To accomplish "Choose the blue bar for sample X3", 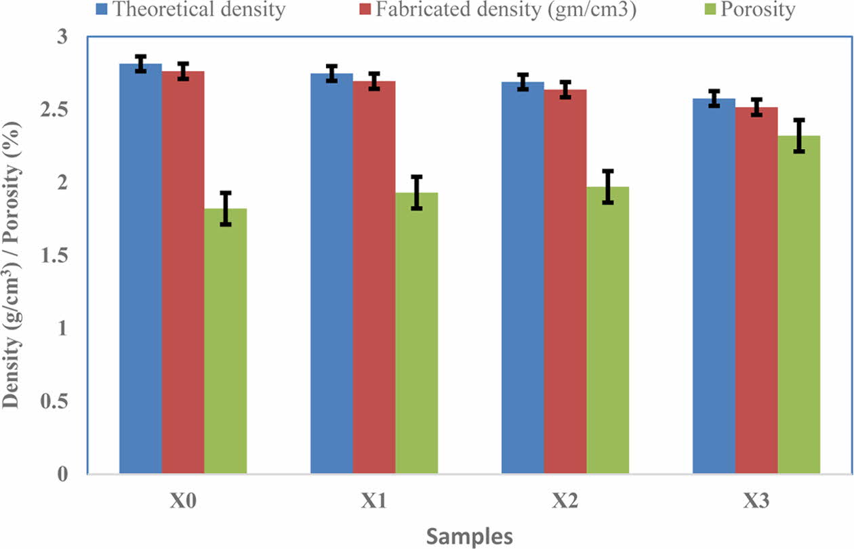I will (714, 285).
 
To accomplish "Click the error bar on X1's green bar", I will (417, 192).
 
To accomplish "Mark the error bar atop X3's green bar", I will (799, 136).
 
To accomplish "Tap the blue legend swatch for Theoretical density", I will (102, 9).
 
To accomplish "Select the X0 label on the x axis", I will (182, 502).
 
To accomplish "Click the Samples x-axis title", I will (469, 536).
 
